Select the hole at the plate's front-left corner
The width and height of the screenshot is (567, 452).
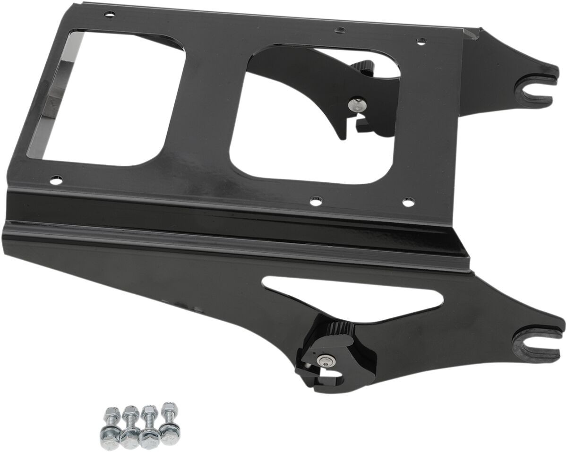pyautogui.click(x=56, y=180)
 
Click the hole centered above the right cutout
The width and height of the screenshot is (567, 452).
pyautogui.click(x=339, y=31)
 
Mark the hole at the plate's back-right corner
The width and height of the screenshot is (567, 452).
pyautogui.click(x=419, y=42)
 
